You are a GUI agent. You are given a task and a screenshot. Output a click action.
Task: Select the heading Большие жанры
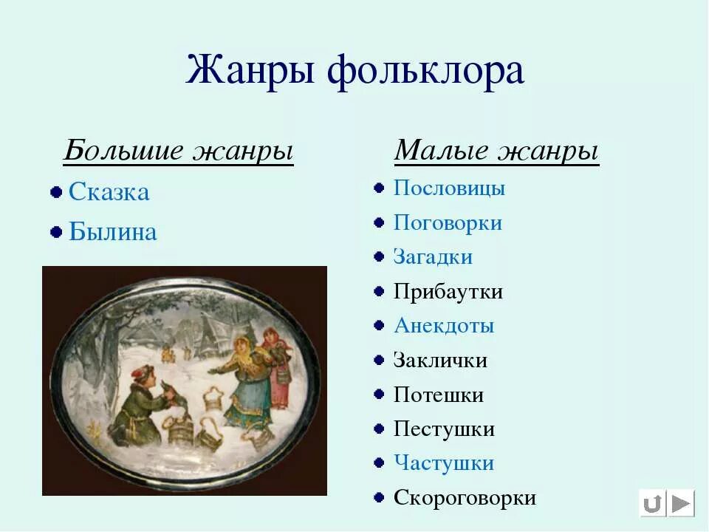pos(178,151)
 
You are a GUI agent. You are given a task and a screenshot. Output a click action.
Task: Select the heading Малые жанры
pos(496,151)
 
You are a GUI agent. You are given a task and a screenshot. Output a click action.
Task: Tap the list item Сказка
pos(109,192)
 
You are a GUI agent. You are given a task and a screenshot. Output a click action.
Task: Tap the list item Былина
pos(112,232)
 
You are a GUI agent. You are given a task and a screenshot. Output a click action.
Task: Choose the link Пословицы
pos(449,188)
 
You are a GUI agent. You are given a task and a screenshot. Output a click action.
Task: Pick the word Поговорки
pos(448,222)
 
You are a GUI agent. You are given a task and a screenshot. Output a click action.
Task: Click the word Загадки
pos(433,257)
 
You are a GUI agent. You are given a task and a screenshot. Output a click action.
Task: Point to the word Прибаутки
pos(448,291)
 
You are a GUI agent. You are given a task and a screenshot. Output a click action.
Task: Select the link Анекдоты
pos(444,326)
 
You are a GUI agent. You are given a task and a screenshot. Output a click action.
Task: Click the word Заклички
pos(440,361)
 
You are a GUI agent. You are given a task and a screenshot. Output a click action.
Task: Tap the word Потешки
pos(439,395)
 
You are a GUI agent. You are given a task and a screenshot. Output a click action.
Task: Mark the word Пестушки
pos(444,429)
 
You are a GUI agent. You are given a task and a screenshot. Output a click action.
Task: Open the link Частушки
pos(443,463)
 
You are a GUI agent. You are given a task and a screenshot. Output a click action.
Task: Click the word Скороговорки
pos(465,498)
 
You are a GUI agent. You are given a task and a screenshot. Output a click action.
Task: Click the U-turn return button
pos(652,504)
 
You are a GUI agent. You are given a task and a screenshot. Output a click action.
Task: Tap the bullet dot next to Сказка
pos(55,193)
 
